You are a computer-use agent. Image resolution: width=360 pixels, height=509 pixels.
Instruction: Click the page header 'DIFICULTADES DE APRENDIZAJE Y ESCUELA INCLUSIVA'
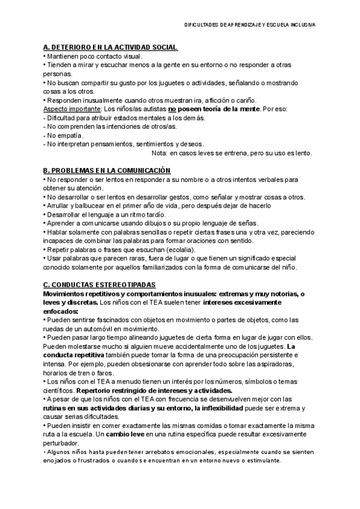coord(252,25)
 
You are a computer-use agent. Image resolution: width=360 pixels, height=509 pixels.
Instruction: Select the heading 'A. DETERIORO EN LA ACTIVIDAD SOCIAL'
coord(110,47)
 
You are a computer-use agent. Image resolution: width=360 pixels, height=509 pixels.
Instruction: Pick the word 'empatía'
coord(71,136)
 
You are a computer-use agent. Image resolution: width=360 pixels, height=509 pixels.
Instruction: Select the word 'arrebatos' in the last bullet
coord(144,451)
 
